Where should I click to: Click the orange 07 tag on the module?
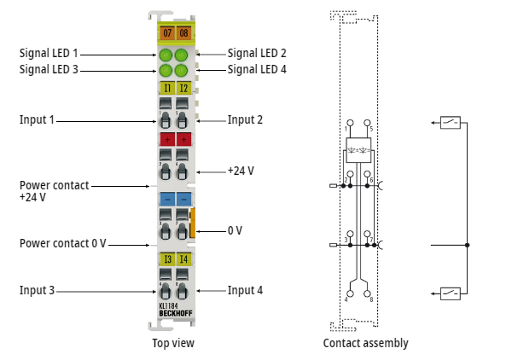click(x=166, y=33)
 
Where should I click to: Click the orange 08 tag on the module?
click(x=183, y=33)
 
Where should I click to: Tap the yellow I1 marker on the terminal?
click(x=166, y=87)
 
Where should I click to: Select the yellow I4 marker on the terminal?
click(x=183, y=259)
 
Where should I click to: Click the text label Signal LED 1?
click(x=49, y=53)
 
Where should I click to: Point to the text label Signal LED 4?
click(x=257, y=69)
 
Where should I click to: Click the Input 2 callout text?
click(x=245, y=119)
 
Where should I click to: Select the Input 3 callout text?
click(x=37, y=291)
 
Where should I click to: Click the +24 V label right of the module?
click(x=241, y=171)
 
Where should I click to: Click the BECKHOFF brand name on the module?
click(x=175, y=314)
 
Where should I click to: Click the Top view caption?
click(x=173, y=343)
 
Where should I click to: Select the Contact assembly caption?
click(x=365, y=343)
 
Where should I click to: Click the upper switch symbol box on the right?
click(x=451, y=122)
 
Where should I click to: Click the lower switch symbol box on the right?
click(x=451, y=293)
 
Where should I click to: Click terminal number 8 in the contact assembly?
click(x=371, y=299)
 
